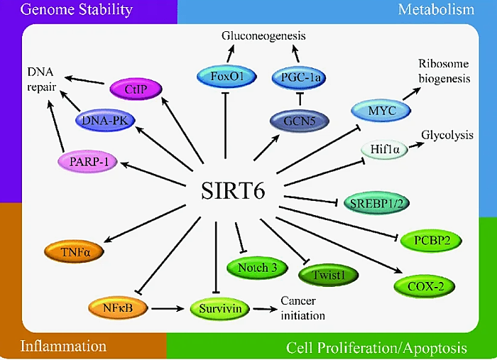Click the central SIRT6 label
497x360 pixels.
point(233,191)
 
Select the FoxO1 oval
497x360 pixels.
point(226,77)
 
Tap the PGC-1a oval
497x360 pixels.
point(299,77)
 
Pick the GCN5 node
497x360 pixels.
point(300,121)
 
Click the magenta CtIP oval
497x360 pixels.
point(136,89)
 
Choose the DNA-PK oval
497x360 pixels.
point(105,121)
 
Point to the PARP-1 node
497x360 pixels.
point(87,162)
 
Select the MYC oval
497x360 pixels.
point(381,111)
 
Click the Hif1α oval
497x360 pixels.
point(385,149)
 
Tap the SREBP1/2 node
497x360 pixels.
point(376,203)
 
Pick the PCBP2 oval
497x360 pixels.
point(432,241)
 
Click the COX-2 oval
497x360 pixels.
point(425,286)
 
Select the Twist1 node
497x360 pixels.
point(328,275)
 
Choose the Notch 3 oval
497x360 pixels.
point(257,268)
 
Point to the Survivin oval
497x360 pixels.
point(219,309)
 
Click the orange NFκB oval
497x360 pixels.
point(118,308)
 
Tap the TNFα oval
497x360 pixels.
point(74,252)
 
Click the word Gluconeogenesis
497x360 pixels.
point(263,36)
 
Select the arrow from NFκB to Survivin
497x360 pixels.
point(168,308)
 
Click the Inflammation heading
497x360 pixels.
point(63,346)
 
